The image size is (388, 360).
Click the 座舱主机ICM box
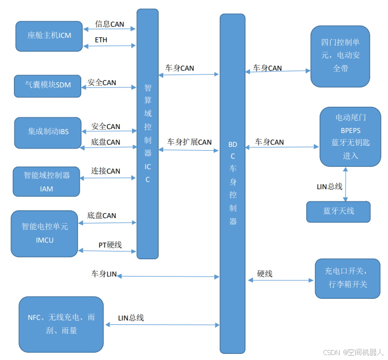coord(49,36)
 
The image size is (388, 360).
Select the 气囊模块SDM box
coord(47,86)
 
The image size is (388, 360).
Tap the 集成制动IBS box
coord(48,132)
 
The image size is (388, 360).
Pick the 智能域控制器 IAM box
coord(47,181)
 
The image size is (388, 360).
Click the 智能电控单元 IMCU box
coord(45,233)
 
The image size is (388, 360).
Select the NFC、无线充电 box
coord(61,324)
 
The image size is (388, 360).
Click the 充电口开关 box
coord(348,277)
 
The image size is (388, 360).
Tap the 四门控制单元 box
coord(340,56)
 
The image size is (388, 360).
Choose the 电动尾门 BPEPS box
coord(350,137)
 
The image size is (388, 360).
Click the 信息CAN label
coord(110,24)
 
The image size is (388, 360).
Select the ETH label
coord(101,40)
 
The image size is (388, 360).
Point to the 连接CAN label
coord(106,171)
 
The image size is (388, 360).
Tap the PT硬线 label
coord(110,245)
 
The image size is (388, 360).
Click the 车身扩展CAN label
coord(189,142)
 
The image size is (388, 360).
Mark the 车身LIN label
coord(104,274)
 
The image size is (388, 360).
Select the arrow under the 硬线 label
coord(281,280)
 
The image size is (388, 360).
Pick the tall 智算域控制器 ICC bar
coord(148,134)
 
